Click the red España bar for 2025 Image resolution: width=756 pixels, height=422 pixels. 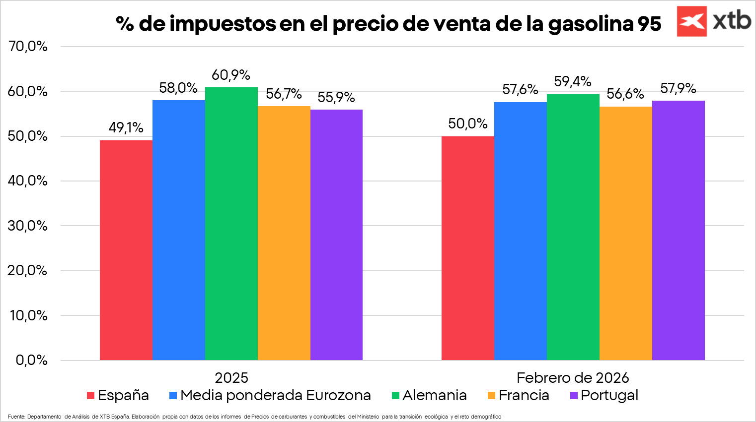tap(126, 250)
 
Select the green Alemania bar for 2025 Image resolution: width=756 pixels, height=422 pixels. tap(231, 223)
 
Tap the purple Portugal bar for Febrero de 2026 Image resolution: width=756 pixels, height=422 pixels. tap(678, 230)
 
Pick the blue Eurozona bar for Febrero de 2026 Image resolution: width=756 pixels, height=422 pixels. tap(520, 231)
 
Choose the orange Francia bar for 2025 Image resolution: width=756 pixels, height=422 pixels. tap(284, 233)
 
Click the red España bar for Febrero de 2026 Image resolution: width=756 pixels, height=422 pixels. tap(468, 248)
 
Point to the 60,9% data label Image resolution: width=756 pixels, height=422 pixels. tap(231, 75)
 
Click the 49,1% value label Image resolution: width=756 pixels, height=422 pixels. tap(126, 128)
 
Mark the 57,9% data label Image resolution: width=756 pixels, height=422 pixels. tap(678, 89)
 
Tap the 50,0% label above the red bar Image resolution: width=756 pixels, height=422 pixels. tap(467, 123)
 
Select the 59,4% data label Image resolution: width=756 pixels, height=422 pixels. tap(573, 81)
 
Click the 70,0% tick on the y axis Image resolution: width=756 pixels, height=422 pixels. tap(28, 47)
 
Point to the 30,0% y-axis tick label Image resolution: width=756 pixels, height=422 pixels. tap(28, 226)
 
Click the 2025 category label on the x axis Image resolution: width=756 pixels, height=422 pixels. tap(231, 378)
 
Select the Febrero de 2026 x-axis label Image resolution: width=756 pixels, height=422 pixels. tap(573, 378)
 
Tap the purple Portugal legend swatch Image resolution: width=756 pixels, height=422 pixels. tap(574, 396)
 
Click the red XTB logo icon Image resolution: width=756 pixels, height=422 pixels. tap(691, 21)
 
